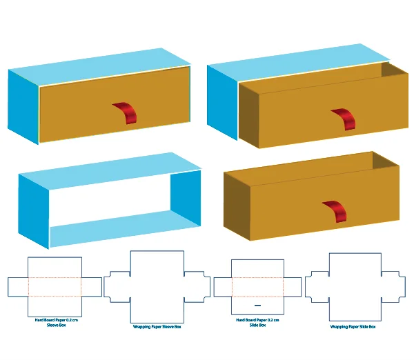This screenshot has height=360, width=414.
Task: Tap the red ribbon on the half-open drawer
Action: click(x=344, y=119)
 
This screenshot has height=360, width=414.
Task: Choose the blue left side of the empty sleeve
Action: click(x=34, y=210)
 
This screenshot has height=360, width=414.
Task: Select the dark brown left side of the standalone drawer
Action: click(x=235, y=204)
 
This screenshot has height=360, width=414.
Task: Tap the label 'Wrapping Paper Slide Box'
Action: click(x=353, y=326)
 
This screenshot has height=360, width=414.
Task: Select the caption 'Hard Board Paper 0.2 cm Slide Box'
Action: click(x=257, y=322)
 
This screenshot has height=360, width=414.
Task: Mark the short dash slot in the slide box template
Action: click(x=257, y=305)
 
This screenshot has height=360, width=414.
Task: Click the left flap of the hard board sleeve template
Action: click(x=17, y=286)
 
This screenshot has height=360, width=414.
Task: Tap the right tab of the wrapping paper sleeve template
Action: click(x=198, y=286)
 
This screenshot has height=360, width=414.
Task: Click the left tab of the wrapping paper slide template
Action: click(x=317, y=286)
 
